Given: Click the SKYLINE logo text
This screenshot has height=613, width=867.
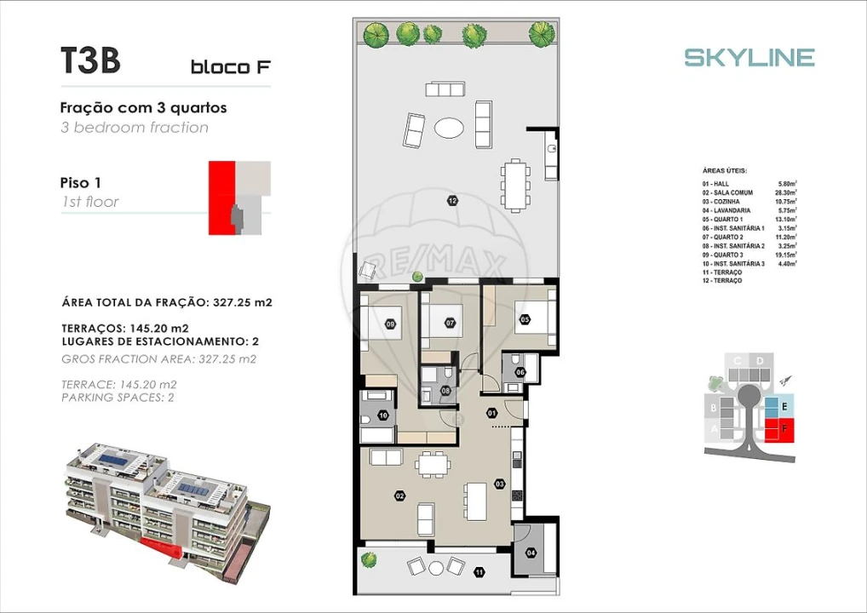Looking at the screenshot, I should click(x=749, y=58).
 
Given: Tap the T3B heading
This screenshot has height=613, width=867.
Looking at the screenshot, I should click(x=89, y=61).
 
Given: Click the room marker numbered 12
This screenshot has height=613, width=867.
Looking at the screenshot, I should click(x=451, y=201).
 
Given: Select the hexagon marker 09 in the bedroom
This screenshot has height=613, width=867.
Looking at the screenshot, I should click(x=390, y=324).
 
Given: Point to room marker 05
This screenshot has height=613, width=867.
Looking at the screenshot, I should click(x=525, y=319).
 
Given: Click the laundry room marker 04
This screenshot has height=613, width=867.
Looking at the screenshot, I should click(x=532, y=553).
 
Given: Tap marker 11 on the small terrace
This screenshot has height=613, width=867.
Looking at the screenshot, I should click(x=479, y=572).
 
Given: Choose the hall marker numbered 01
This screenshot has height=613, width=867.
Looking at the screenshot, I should click(x=491, y=414).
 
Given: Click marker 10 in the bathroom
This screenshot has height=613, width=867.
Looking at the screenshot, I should click(x=382, y=415).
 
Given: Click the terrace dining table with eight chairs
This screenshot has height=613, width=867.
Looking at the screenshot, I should click(x=514, y=185).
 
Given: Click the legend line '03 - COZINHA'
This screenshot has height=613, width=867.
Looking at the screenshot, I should click(x=721, y=202).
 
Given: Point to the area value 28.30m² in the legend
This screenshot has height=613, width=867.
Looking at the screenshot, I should click(x=793, y=193).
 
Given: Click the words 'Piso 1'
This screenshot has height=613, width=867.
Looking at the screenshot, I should click(x=81, y=182).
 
